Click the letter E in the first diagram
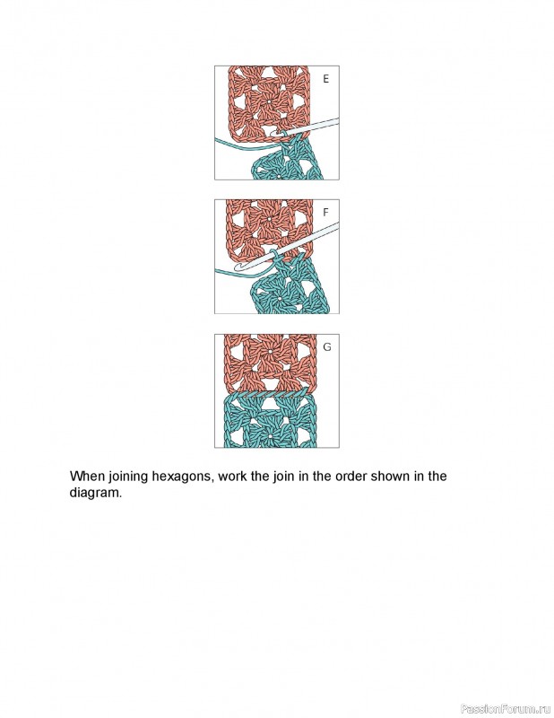pyautogui.click(x=325, y=79)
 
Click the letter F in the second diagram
pyautogui.click(x=325, y=214)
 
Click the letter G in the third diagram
pyautogui.click(x=326, y=346)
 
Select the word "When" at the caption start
pyautogui.click(x=88, y=477)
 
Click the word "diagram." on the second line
pyautogui.click(x=95, y=494)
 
